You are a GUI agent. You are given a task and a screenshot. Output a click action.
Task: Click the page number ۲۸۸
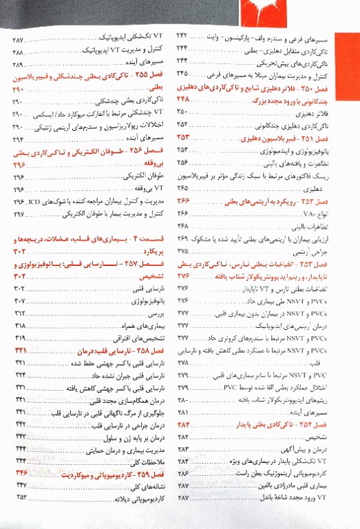19,52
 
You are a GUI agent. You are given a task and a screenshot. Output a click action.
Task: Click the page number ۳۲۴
19,375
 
